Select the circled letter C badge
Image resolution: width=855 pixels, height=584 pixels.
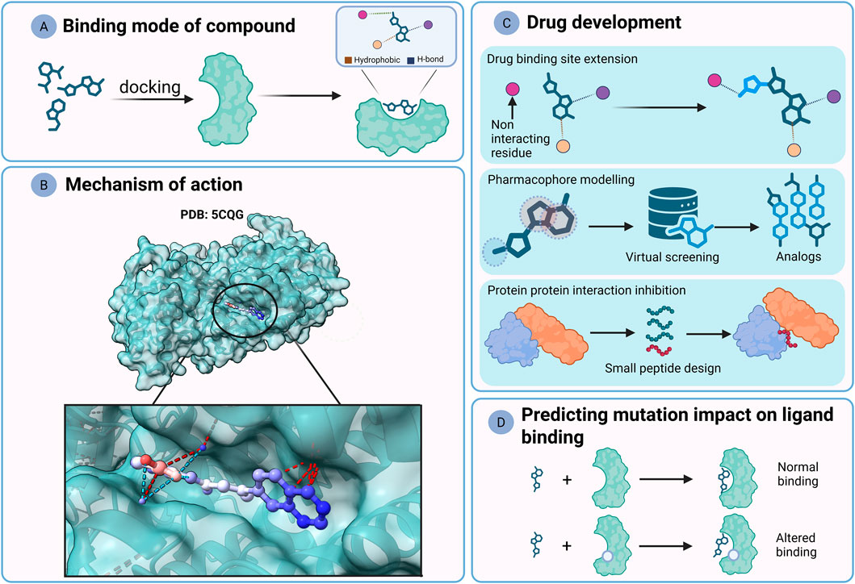pyautogui.click(x=506, y=23)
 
